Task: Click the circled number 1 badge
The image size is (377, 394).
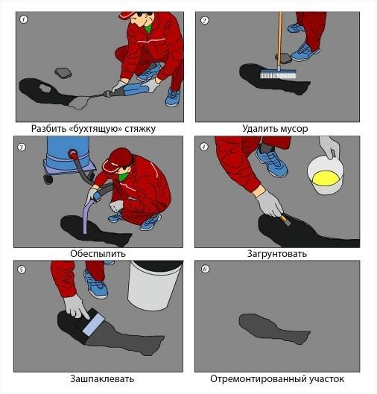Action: [x=23, y=19]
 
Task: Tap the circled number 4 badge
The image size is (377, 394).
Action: [x=204, y=147]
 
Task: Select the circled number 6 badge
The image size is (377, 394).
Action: [x=206, y=269]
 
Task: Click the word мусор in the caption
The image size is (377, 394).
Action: [x=294, y=129]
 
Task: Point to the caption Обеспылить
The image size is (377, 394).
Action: [x=98, y=253]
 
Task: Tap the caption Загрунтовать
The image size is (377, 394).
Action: [x=277, y=253]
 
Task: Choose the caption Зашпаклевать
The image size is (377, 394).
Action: [x=102, y=378]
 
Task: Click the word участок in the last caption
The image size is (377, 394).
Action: [x=327, y=378]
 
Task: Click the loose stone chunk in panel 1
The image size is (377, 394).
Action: [x=63, y=73]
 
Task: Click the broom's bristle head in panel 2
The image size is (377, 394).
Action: [x=278, y=74]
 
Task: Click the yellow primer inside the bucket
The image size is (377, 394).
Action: [x=327, y=179]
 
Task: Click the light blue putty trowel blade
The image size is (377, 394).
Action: [x=93, y=325]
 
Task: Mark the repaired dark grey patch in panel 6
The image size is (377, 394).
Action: [x=274, y=328]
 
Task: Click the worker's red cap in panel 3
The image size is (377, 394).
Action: [x=118, y=160]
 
